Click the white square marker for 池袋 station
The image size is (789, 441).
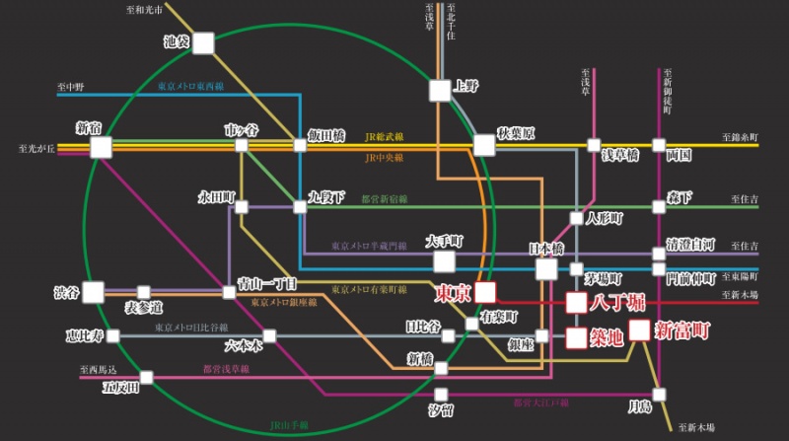tap(203, 43)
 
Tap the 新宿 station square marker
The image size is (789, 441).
tap(101, 147)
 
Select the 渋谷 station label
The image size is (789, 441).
tap(66, 293)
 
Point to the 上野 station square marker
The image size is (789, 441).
tap(440, 90)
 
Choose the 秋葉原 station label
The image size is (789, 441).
tap(516, 132)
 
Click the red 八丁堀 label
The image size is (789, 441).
tap(617, 302)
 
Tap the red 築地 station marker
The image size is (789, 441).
tap(577, 337)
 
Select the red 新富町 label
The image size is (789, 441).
tap(682, 331)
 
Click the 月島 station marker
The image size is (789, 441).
tap(660, 394)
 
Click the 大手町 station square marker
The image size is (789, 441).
tap(445, 261)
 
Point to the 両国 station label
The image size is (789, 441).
tap(679, 156)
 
